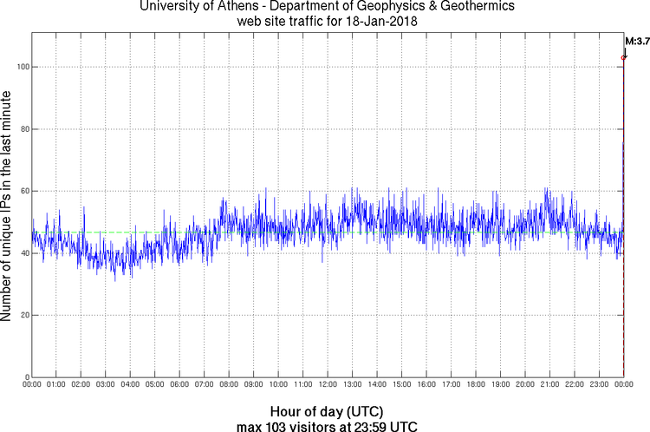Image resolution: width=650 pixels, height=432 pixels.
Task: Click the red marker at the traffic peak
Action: click(x=623, y=57)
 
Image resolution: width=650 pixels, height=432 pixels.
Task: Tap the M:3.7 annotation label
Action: click(x=636, y=40)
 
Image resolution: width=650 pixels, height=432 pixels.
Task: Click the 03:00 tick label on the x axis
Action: click(x=106, y=384)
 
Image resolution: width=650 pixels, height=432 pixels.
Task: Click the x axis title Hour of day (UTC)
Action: click(x=327, y=410)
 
